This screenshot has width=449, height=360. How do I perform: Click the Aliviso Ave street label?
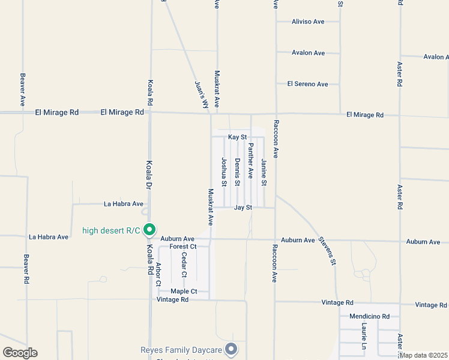pos(307,22)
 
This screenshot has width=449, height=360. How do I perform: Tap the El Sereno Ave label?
pos(307,84)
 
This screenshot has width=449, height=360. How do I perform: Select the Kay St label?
pos(238,137)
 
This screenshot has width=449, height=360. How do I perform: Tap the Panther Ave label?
pos(251,161)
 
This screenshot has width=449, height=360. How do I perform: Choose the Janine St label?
pos(264,171)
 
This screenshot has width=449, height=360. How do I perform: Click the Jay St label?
pos(243,208)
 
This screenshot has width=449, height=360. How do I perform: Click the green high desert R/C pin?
pos(151,230)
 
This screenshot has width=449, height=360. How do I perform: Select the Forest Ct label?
pos(183,247)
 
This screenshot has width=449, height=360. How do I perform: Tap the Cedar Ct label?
pos(184,265)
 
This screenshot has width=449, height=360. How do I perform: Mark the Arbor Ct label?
pos(158,274)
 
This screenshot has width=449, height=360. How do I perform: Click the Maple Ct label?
pos(184,292)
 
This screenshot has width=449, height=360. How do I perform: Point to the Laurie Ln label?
pos(364,336)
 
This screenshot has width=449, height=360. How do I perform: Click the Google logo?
pos(20,353)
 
